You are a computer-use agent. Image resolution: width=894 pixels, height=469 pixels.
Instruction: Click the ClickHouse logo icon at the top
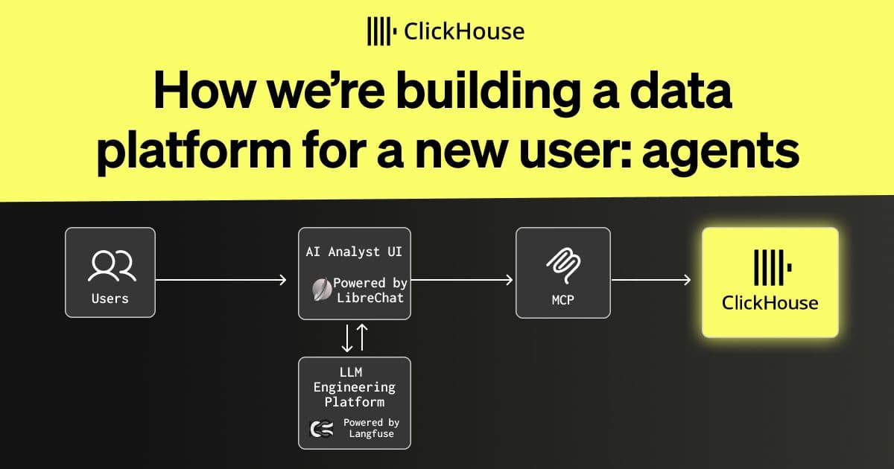[381, 31]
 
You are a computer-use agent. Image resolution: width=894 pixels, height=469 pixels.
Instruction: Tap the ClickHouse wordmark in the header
[464, 31]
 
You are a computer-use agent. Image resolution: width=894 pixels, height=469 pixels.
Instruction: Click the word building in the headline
[489, 92]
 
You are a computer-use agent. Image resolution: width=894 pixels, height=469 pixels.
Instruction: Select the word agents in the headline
[720, 153]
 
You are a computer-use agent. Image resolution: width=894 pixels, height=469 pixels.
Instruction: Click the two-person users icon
[112, 266]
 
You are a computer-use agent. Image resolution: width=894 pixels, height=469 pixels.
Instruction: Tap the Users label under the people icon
[110, 299]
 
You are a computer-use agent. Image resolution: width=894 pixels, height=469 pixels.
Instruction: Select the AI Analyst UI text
[354, 252]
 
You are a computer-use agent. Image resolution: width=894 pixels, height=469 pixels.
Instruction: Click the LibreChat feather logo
[322, 290]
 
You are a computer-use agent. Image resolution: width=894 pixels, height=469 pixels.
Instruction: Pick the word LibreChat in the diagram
[370, 298]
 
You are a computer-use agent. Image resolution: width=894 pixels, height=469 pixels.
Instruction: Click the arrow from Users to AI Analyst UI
[221, 280]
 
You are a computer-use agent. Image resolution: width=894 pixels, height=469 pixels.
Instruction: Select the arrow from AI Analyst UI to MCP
[462, 280]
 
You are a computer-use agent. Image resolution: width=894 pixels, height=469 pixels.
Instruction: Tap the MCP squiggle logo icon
[563, 265]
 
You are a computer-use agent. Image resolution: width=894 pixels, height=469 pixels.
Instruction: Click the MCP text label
[563, 300]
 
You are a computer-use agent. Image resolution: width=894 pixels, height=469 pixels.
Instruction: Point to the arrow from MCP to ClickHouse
[651, 280]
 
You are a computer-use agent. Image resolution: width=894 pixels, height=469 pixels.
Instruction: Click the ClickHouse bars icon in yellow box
[773, 267]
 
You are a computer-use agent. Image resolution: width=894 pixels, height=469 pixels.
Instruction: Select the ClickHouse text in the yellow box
[770, 303]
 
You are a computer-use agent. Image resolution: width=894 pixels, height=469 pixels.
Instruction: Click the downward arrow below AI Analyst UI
[347, 338]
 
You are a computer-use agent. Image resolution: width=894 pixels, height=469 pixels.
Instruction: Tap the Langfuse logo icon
[322, 429]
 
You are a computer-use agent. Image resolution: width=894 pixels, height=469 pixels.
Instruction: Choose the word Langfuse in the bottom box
[372, 434]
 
